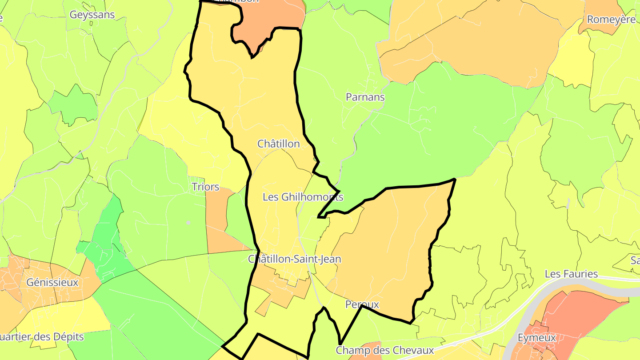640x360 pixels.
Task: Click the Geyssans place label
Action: pos(92,15)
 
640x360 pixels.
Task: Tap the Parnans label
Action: pos(365,97)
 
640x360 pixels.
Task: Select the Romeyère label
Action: pos(611,20)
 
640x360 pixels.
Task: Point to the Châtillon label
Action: pos(279,144)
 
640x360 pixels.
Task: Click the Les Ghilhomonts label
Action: pos(303,197)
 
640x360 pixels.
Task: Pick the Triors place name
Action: pos(205,187)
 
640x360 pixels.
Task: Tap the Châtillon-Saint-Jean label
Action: pos(295,259)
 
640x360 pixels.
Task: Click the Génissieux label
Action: pos(52,282)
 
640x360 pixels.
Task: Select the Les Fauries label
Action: pos(571,274)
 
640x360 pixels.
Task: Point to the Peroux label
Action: pos(362,304)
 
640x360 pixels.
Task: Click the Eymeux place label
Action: pos(537,338)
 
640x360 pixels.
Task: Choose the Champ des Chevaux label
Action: pos(384,350)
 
